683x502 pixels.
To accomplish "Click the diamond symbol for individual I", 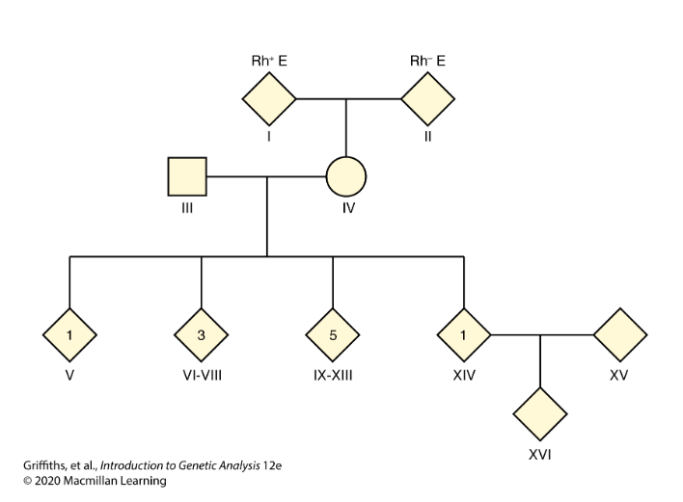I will pyautogui.click(x=267, y=98).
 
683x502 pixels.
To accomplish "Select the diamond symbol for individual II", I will pyautogui.click(x=426, y=98).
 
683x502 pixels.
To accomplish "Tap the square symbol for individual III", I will pyautogui.click(x=188, y=176).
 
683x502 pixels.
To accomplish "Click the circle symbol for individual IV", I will pyautogui.click(x=346, y=176).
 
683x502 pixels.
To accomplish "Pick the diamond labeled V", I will pyautogui.click(x=69, y=335).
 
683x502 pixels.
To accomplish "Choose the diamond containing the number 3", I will pyautogui.click(x=201, y=335).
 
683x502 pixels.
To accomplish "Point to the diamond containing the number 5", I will pyautogui.click(x=333, y=335).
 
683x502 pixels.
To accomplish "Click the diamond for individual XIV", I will pyautogui.click(x=464, y=335).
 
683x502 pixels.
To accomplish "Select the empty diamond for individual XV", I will pyautogui.click(x=618, y=335).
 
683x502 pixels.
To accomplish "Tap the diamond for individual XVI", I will pyautogui.click(x=539, y=414).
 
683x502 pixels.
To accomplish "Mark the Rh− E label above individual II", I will pyautogui.click(x=427, y=60).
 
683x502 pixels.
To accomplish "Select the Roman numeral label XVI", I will pyautogui.click(x=539, y=454).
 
